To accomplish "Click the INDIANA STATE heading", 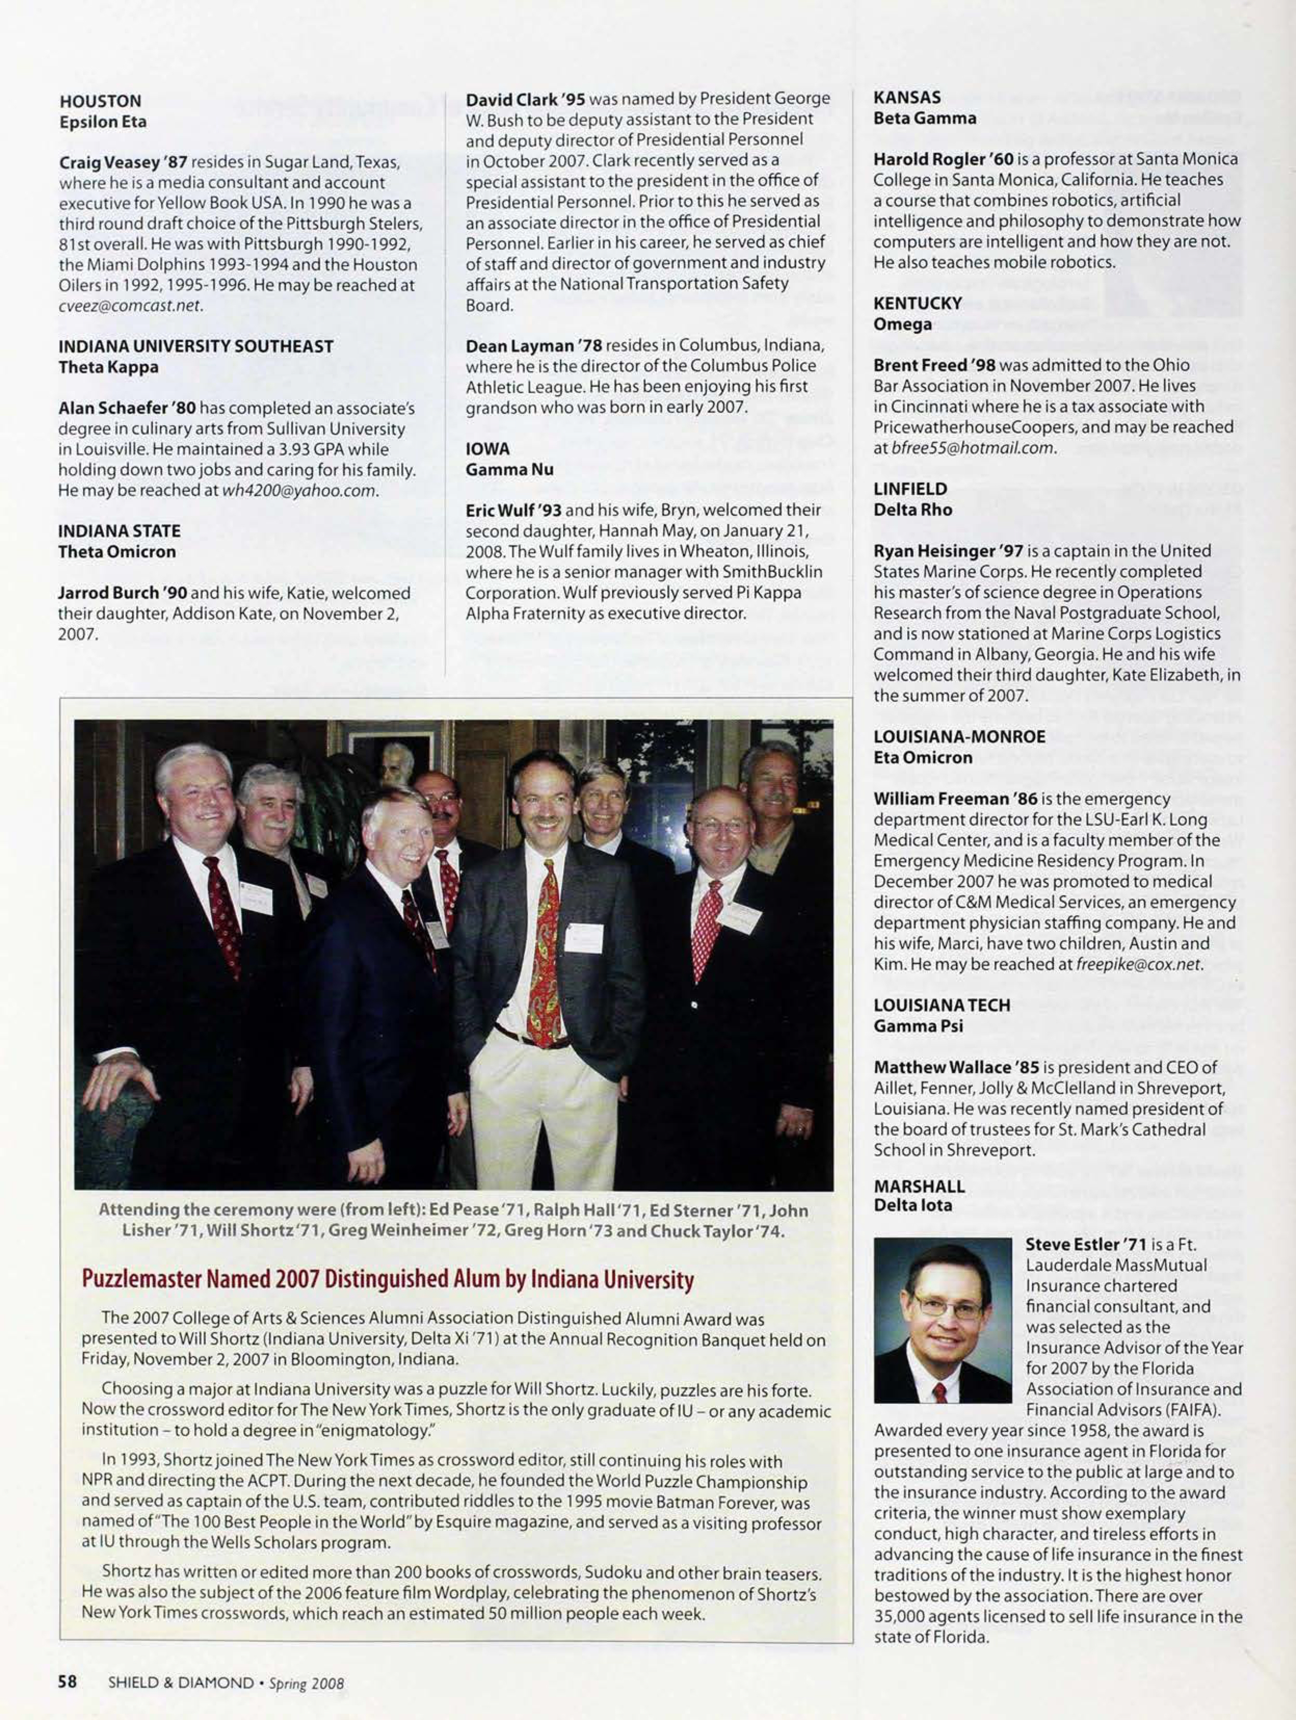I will pyautogui.click(x=119, y=531).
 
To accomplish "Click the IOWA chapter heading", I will pyautogui.click(x=488, y=449).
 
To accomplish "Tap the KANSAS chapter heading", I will pyautogui.click(x=907, y=97).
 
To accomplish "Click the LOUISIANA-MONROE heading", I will pyautogui.click(x=959, y=736).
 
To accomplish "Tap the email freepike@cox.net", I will pyautogui.click(x=1140, y=965).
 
